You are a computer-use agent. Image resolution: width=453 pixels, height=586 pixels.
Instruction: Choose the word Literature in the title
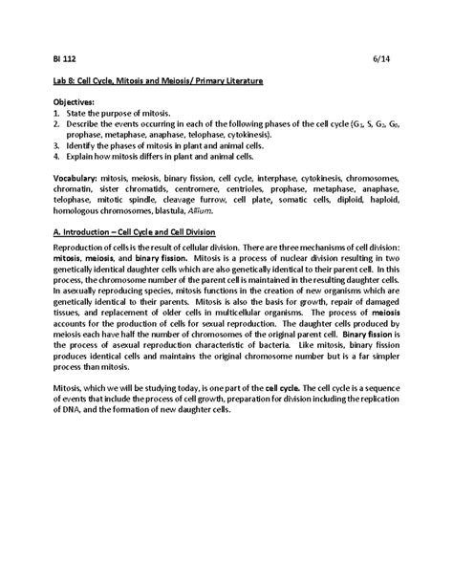tap(236, 83)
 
